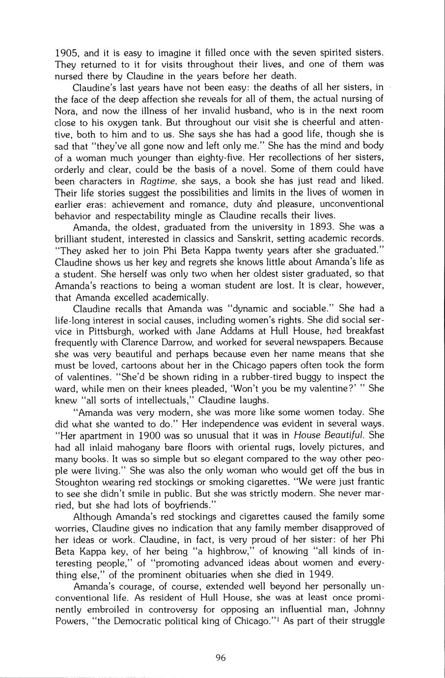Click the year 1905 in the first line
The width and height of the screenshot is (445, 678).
pos(65,52)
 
